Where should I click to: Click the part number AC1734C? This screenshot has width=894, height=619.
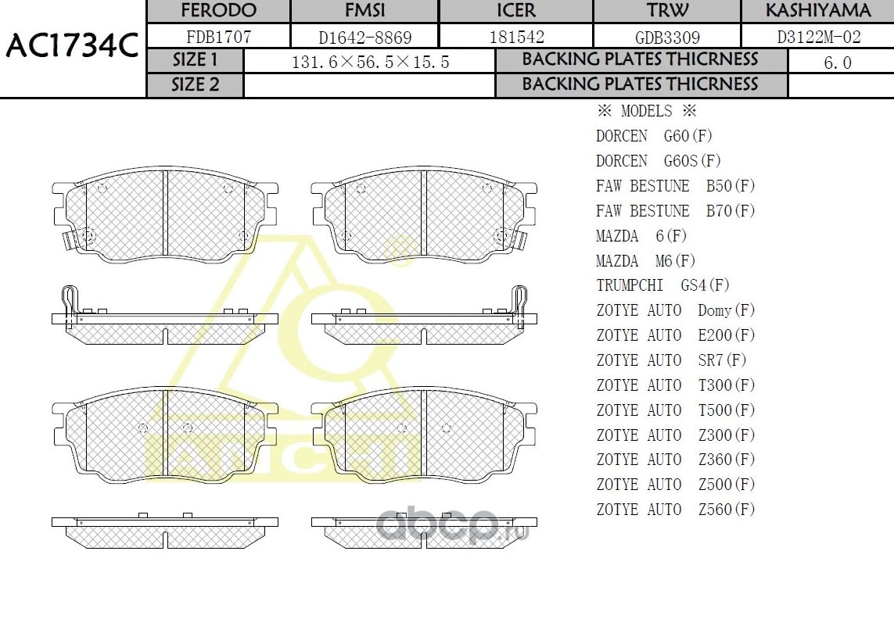(72, 45)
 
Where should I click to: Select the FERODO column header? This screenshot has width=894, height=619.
(218, 10)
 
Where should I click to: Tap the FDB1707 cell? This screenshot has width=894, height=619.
(218, 37)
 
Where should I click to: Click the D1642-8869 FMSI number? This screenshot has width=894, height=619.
(365, 38)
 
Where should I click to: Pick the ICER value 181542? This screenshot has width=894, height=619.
(516, 37)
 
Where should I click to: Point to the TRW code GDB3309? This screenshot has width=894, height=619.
(667, 38)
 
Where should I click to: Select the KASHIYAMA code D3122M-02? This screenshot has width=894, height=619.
(819, 37)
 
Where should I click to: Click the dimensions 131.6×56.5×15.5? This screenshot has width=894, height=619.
(370, 62)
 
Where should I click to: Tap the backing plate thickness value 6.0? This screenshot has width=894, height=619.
(838, 62)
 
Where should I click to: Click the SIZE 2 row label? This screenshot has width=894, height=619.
(195, 85)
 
